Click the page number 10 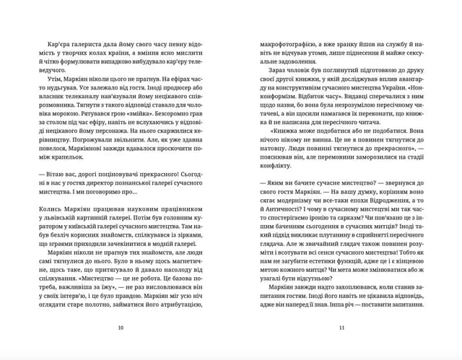(x=120, y=328)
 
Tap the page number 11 (x=341, y=328)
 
